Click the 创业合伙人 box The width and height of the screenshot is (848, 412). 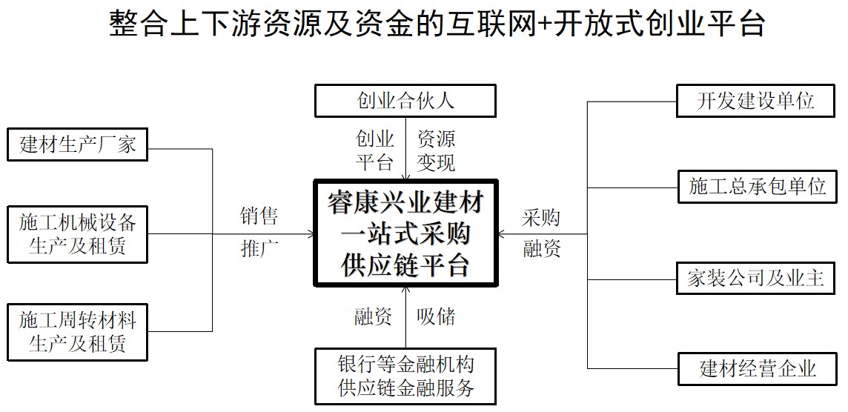[405, 101]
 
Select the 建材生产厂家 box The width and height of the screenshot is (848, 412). [77, 144]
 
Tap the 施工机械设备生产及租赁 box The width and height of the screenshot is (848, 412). [77, 234]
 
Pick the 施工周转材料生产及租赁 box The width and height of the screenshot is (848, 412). [77, 331]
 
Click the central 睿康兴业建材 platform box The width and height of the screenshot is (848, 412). [405, 233]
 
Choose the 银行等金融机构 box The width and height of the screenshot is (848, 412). [405, 376]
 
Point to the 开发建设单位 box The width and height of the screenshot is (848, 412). [757, 101]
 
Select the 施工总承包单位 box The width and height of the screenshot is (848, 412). [757, 186]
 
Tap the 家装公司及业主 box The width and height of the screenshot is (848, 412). [757, 279]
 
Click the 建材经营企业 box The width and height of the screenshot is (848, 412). [757, 368]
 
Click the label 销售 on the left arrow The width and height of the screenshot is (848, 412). [259, 216]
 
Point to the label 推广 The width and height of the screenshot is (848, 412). [259, 249]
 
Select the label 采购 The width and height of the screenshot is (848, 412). [541, 218]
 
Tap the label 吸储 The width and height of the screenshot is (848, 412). [436, 317]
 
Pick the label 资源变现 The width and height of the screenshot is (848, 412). [436, 150]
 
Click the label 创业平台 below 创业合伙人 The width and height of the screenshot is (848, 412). [375, 150]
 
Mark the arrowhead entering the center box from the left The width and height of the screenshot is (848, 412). [310, 234]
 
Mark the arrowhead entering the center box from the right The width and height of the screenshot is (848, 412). [502, 234]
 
